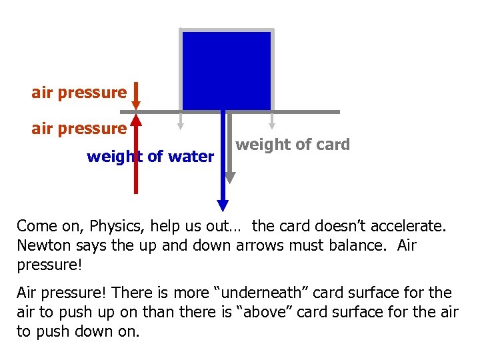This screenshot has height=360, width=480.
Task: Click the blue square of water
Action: (226, 70)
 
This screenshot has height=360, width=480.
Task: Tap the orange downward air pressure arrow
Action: (135, 95)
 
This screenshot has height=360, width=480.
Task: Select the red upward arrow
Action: (136, 153)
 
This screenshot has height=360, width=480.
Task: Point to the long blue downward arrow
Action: (223, 160)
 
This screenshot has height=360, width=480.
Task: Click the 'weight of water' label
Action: (150, 157)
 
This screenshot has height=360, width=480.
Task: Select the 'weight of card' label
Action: (293, 145)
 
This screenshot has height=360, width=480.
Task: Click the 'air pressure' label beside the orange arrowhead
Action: (79, 92)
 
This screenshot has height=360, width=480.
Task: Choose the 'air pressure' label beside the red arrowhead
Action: (79, 127)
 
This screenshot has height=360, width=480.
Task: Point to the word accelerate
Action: (403, 226)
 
